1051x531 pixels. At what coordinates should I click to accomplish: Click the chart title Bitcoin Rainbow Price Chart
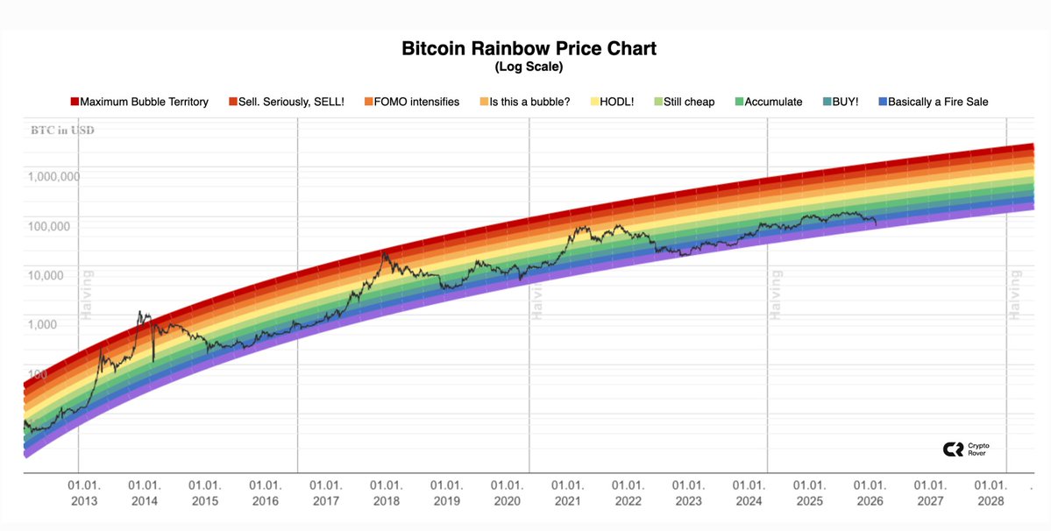529,48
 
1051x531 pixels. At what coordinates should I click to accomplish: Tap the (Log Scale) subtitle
529,67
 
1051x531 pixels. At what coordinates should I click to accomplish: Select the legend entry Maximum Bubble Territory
139,102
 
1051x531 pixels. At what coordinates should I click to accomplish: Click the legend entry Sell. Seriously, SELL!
286,102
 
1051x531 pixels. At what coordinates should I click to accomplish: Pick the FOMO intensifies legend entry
410,102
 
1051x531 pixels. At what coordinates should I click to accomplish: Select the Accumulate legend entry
767,102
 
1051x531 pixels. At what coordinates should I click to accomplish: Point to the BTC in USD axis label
60,131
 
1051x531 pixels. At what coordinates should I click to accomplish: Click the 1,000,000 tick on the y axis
54,176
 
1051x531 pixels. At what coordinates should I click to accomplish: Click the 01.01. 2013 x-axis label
84,492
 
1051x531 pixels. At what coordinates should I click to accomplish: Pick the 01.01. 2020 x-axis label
507,492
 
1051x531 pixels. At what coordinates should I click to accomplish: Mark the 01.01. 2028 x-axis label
991,492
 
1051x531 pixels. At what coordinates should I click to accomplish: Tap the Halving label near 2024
776,295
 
